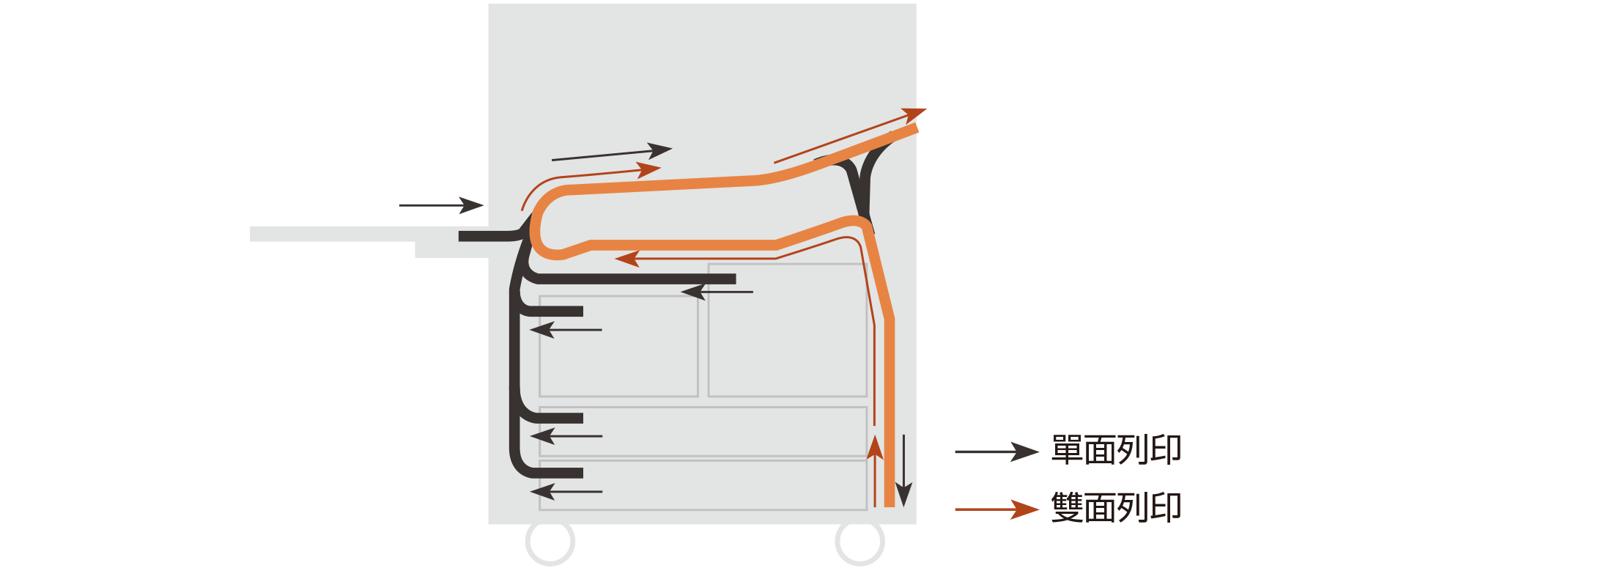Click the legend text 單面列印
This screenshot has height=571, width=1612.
pyautogui.click(x=1116, y=450)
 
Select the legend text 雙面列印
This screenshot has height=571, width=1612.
pyautogui.click(x=1116, y=507)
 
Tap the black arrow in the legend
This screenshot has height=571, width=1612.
pyautogui.click(x=997, y=452)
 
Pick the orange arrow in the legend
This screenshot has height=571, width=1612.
pyautogui.click(x=997, y=509)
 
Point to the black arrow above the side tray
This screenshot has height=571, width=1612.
pyautogui.click(x=441, y=205)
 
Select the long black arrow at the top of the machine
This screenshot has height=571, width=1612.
pyautogui.click(x=612, y=153)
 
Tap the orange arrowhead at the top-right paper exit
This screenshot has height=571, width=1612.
pyautogui.click(x=914, y=114)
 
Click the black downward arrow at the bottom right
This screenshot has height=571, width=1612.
pyautogui.click(x=904, y=471)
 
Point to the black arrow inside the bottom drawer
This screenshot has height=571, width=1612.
pyautogui.click(x=566, y=492)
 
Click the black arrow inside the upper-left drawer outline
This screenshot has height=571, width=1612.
pyautogui.click(x=566, y=330)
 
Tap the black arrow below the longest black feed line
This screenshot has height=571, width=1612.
pyautogui.click(x=717, y=292)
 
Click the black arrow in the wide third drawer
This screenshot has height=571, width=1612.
pyautogui.click(x=566, y=436)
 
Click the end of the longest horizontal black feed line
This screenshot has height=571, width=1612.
pyautogui.click(x=735, y=279)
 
